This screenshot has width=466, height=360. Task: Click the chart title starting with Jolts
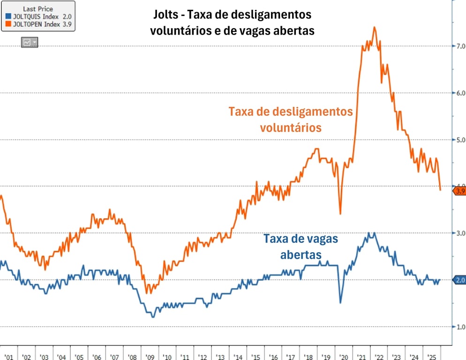coord(232,22)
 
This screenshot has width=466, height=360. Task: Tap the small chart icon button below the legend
coord(29,42)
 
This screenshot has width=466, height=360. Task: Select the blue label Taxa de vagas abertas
coord(301,247)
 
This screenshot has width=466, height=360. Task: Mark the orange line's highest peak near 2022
coord(374,27)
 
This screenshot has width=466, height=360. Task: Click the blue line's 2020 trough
coord(340,303)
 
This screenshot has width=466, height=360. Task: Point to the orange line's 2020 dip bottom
coord(340,214)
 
